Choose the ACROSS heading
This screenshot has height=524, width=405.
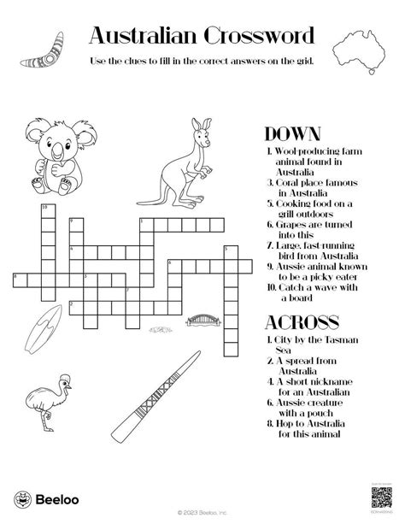point(302,322)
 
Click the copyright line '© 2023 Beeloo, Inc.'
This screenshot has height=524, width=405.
point(202,515)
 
